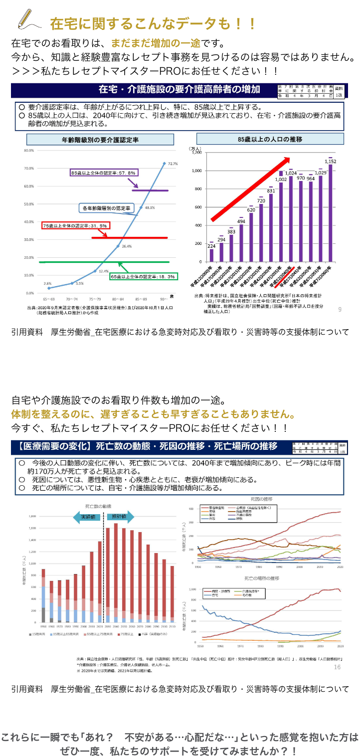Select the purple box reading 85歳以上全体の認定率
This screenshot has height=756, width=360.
pyautogui.click(x=104, y=173)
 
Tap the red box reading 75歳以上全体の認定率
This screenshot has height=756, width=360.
pyautogui.click(x=76, y=225)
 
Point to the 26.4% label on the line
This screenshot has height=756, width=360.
pyautogui.click(x=127, y=246)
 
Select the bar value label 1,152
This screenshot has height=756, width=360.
pyautogui.click(x=330, y=162)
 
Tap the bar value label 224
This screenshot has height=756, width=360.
pyautogui.click(x=211, y=246)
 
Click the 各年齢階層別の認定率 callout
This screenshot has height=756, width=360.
pyautogui.click(x=106, y=208)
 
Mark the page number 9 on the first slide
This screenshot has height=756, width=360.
pyautogui.click(x=340, y=310)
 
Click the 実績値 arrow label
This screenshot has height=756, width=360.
pyautogui.click(x=88, y=517)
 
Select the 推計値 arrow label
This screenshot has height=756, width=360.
pyautogui.click(x=119, y=517)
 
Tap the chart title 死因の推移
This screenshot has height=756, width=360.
pyautogui.click(x=261, y=499)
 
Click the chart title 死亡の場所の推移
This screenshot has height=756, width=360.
pyautogui.click(x=261, y=578)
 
